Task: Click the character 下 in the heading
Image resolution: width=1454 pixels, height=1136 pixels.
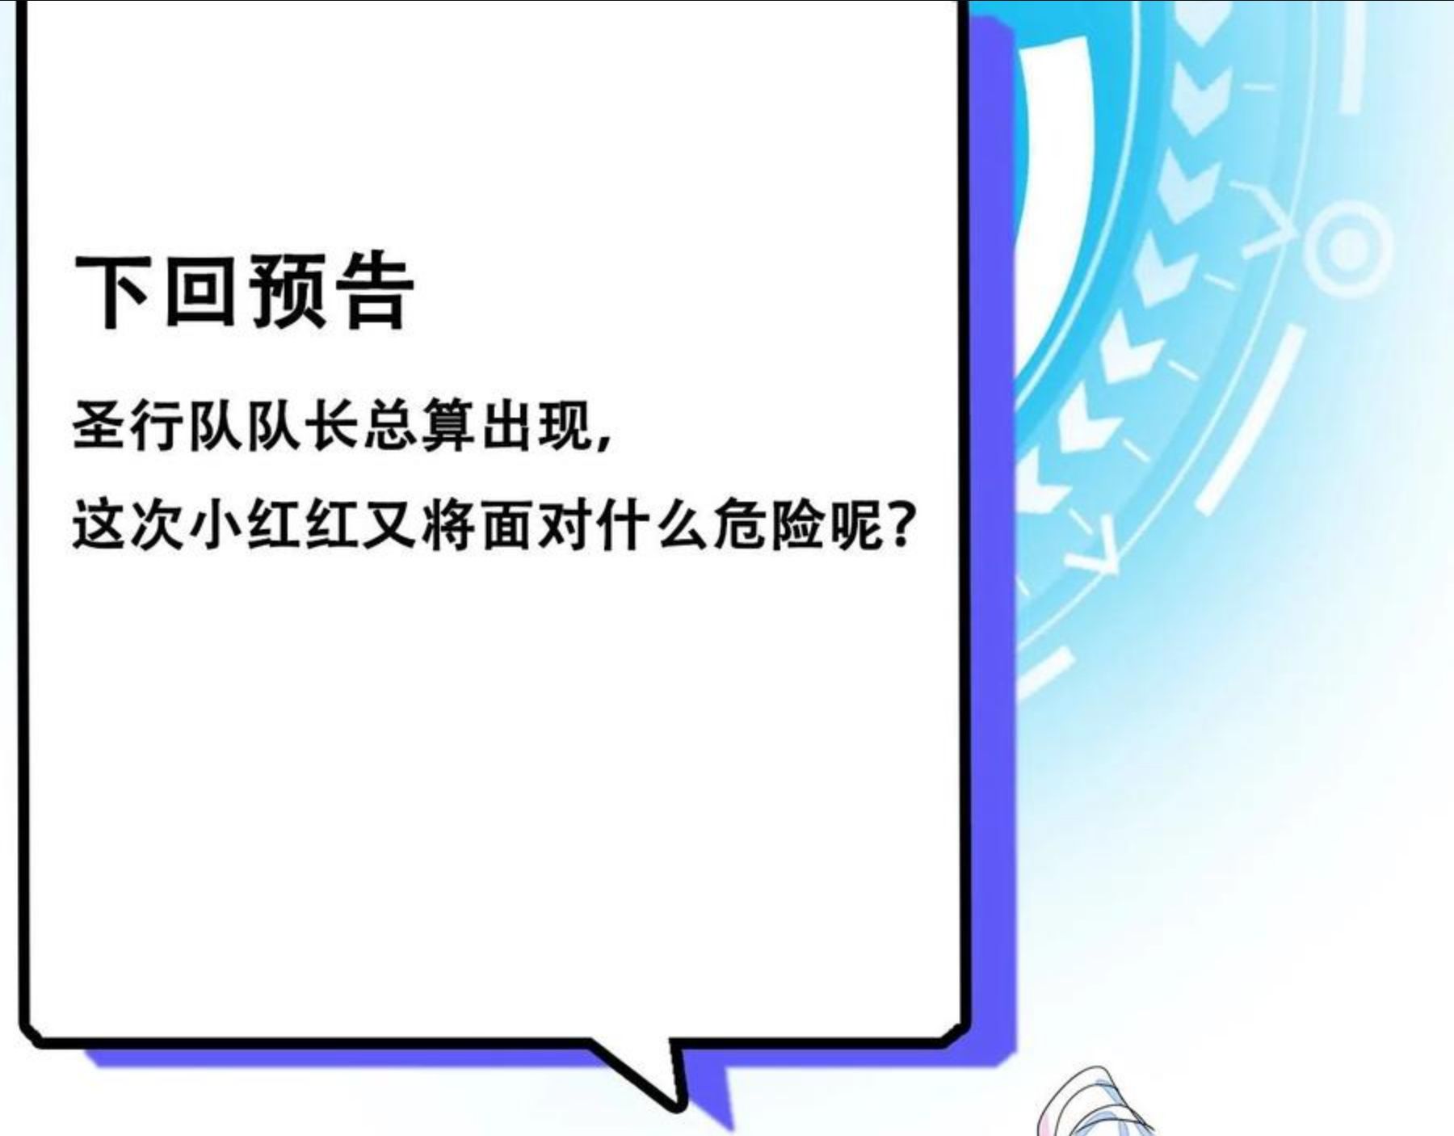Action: coord(111,291)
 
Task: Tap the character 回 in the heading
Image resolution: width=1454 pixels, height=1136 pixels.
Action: coord(199,291)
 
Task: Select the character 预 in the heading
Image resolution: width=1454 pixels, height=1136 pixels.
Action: coord(288,291)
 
